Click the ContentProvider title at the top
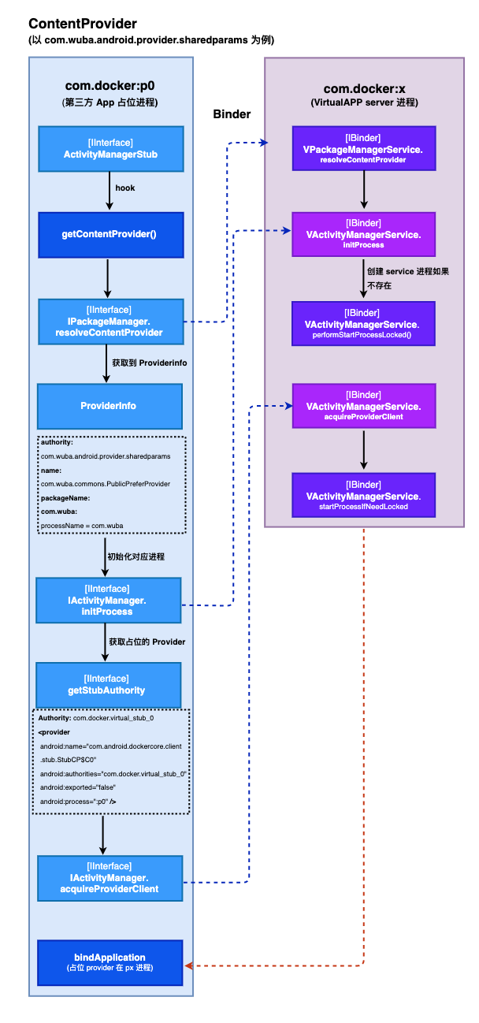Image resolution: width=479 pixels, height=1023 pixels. coord(82,24)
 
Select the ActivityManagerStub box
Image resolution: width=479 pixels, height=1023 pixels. coord(111,148)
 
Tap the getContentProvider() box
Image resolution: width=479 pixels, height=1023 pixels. coord(111,234)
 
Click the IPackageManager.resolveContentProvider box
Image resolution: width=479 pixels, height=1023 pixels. coord(111,322)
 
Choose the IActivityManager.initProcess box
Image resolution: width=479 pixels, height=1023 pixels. coord(109,601)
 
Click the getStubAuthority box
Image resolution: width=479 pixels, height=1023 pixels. coord(109,684)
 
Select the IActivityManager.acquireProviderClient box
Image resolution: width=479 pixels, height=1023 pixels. coord(111,877)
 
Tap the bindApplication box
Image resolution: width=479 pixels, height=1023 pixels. coord(111,962)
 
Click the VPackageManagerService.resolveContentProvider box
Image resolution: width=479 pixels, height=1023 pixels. coord(362,148)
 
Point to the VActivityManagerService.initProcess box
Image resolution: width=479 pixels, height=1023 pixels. coord(362,234)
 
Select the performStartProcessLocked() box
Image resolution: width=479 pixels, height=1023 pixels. coord(362,324)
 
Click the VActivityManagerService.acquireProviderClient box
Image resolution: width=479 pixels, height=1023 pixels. coord(362,406)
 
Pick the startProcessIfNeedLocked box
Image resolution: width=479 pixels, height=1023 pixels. coord(362,496)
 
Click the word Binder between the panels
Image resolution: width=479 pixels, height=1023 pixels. coord(232,114)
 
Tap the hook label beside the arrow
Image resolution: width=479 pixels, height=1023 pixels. coord(124,188)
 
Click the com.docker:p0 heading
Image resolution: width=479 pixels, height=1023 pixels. coord(110,87)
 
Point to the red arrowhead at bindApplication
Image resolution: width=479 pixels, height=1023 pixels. coord(189,965)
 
